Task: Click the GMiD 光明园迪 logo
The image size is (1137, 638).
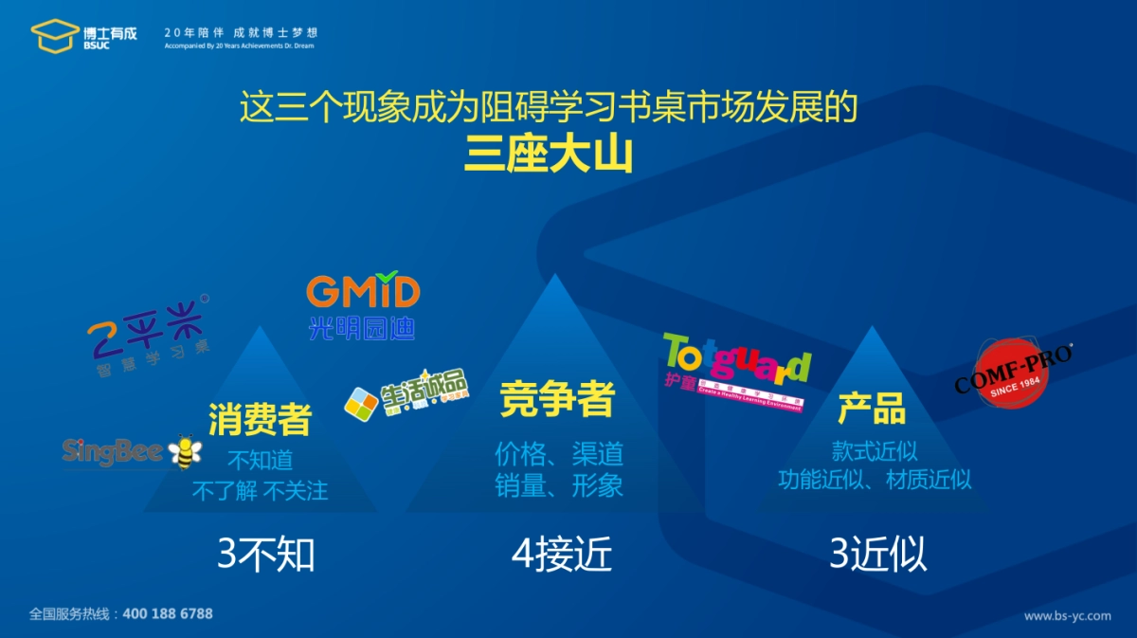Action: pyautogui.click(x=363, y=306)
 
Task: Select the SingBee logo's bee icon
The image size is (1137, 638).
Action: pyautogui.click(x=185, y=452)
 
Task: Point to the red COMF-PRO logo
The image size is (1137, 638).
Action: pyautogui.click(x=1013, y=373)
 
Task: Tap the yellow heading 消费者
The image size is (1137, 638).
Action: pyautogui.click(x=260, y=419)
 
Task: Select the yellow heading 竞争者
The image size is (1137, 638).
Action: pyautogui.click(x=558, y=399)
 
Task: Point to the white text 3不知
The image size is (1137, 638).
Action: pyautogui.click(x=265, y=555)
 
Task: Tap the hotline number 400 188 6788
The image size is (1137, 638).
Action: pyautogui.click(x=169, y=613)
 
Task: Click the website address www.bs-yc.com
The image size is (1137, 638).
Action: pyautogui.click(x=1067, y=615)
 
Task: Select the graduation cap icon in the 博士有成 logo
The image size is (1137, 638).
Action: pyautogui.click(x=55, y=35)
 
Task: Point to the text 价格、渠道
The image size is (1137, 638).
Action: pyautogui.click(x=559, y=454)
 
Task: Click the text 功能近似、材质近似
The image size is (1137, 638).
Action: pyautogui.click(x=875, y=480)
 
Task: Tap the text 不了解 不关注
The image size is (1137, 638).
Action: pyautogui.click(x=260, y=491)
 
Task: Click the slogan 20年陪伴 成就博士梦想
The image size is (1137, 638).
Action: pyautogui.click(x=241, y=31)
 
